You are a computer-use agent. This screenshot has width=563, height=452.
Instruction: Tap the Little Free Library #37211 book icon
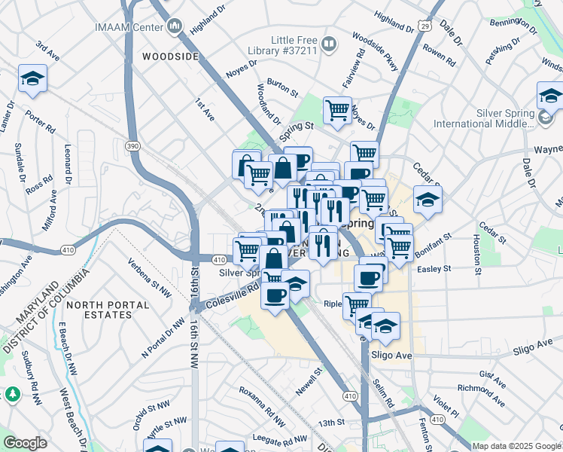tap(329, 44)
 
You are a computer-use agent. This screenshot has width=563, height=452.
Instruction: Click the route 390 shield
tap(133, 146)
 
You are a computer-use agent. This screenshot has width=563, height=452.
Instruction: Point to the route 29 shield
tap(425, 26)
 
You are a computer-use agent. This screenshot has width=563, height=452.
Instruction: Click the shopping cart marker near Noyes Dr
tap(337, 110)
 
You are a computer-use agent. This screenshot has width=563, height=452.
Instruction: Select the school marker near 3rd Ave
tap(32, 80)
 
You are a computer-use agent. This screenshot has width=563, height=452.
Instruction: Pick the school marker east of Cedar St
tap(428, 201)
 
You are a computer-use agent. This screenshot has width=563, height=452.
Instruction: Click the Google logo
tap(25, 443)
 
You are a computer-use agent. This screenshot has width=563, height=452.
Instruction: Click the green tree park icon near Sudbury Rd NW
tap(13, 394)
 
